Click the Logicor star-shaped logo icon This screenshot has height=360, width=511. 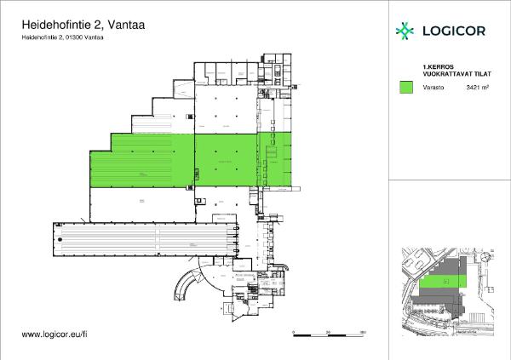point(405,31)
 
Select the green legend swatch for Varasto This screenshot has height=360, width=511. point(406,87)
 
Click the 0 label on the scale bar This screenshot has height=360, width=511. point(293,331)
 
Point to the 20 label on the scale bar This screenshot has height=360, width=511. point(328,331)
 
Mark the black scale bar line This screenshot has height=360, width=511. point(328,336)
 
